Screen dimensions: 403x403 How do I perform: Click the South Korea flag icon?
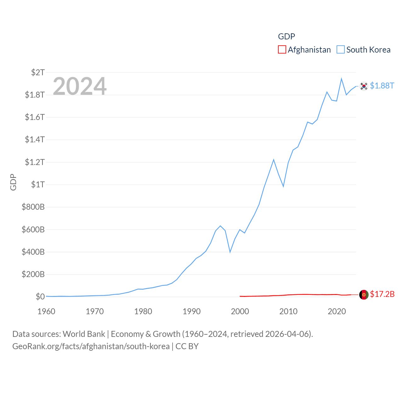(x=364, y=86)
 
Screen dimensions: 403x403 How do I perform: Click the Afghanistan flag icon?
(x=364, y=295)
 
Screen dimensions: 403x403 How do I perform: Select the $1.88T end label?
(x=382, y=86)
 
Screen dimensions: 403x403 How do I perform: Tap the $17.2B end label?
(x=382, y=294)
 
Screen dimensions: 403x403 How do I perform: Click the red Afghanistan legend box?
(x=282, y=50)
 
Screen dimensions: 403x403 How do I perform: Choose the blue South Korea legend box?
(x=341, y=50)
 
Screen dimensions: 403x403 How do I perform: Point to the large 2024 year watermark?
(x=80, y=86)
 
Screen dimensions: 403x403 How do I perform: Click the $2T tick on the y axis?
(x=38, y=72)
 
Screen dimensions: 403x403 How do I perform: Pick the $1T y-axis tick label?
(x=38, y=184)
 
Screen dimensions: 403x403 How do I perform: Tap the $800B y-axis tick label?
(x=33, y=207)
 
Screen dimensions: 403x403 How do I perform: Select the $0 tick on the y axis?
(x=40, y=297)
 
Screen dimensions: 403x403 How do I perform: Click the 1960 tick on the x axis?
(x=46, y=311)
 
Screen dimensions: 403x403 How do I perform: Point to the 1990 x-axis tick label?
(x=191, y=311)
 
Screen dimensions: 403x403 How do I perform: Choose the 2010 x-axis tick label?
(x=288, y=311)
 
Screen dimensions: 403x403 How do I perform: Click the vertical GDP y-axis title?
(x=13, y=182)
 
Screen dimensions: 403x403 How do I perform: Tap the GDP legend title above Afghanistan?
(x=287, y=37)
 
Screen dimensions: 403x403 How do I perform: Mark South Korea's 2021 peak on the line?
(x=341, y=79)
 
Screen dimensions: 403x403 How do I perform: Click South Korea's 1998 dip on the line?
(x=230, y=252)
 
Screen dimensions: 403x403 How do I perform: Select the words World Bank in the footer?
(x=84, y=334)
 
